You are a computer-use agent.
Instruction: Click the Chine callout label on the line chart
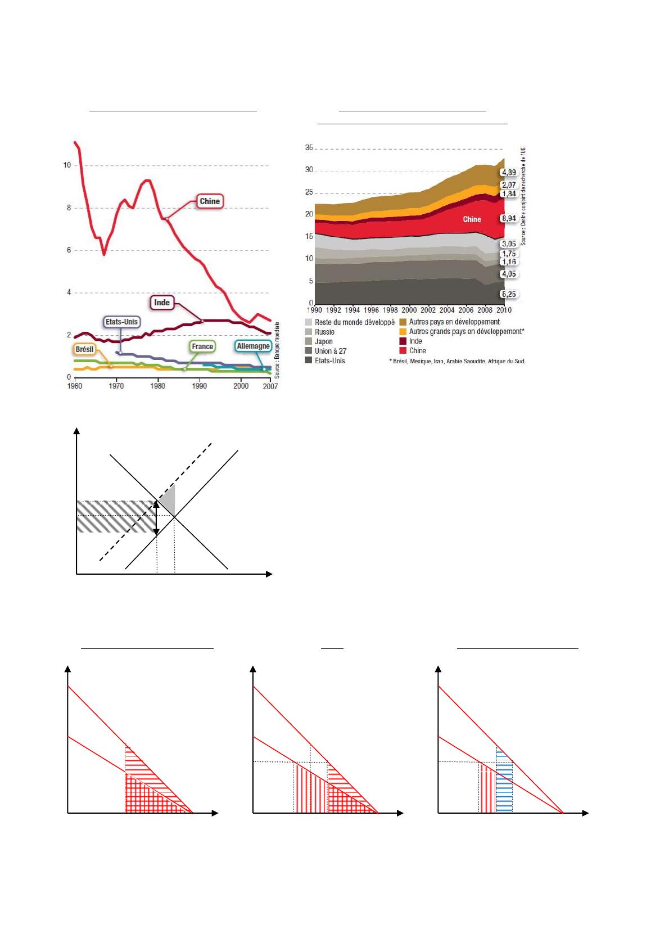(210, 201)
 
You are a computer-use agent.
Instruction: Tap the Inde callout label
(162, 303)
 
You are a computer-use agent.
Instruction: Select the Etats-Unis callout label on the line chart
(121, 322)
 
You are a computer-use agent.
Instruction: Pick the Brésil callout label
(84, 349)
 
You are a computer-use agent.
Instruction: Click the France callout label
(202, 346)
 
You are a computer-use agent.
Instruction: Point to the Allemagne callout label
(253, 346)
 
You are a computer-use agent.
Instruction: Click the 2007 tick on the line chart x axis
(270, 386)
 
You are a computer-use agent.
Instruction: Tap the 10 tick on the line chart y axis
(67, 165)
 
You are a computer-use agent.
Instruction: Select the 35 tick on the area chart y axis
(309, 148)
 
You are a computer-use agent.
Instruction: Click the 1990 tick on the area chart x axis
(315, 309)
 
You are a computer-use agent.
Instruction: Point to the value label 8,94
(508, 219)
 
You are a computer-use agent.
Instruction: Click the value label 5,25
(508, 294)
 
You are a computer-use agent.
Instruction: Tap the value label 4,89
(508, 173)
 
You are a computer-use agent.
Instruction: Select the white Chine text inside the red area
(472, 219)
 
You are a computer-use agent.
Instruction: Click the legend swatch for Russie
(309, 332)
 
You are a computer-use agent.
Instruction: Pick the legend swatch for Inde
(403, 341)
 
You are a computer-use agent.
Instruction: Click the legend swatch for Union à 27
(309, 351)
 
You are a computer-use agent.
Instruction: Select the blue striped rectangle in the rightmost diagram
(504, 782)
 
